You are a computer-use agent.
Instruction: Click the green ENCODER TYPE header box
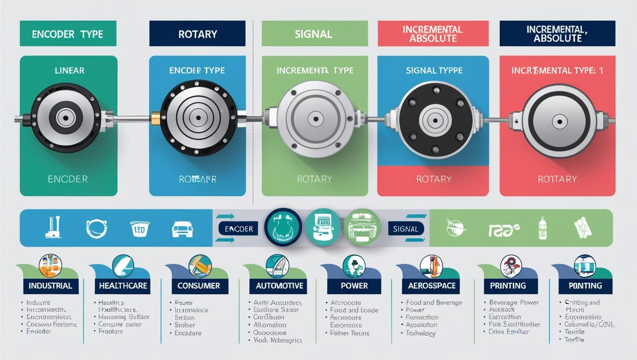68,34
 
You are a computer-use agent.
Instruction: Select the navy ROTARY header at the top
197,34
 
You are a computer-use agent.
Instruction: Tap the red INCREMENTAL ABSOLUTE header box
433,34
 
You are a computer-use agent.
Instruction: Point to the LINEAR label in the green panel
69,70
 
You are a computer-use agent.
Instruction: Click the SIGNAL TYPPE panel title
434,70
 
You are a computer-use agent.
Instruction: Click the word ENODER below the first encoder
68,179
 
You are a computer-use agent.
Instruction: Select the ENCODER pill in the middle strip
239,229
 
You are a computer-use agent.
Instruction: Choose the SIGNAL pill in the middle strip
405,229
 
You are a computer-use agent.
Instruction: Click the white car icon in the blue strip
182,229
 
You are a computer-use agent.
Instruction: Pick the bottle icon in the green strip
543,228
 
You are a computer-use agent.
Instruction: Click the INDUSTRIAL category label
50,286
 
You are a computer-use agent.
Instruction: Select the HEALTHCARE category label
123,286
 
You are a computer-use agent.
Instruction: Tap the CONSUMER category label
199,286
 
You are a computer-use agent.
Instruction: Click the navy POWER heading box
354,286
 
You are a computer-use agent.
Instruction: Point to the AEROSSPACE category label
431,286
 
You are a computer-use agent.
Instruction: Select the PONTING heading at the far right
585,286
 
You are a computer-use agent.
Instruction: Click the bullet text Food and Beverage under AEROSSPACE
434,302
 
